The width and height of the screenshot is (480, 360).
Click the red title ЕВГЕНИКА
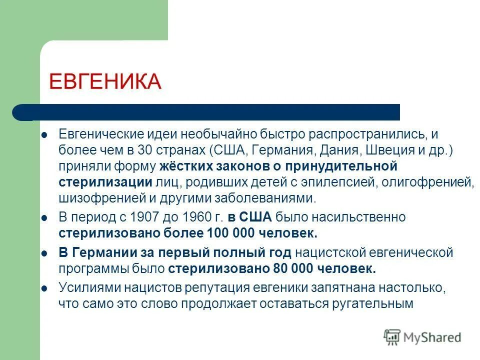point(105,81)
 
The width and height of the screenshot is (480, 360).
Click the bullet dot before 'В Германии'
point(44,253)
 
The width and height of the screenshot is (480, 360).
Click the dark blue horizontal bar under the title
point(210,112)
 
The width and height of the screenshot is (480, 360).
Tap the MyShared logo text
point(433,337)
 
